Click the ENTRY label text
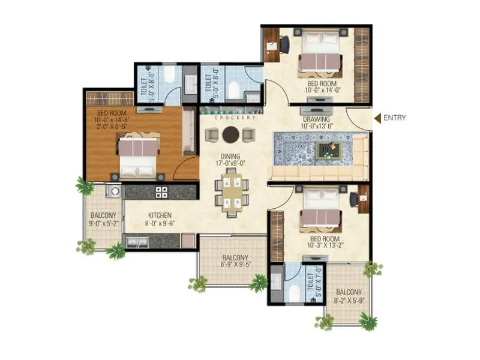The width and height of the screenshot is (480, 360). click(395, 118)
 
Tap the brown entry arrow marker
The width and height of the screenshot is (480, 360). click(377, 118)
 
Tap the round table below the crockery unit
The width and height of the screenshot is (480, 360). click(230, 134)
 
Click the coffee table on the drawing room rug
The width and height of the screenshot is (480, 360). click(328, 149)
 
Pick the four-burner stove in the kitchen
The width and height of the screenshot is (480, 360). click(162, 192)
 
